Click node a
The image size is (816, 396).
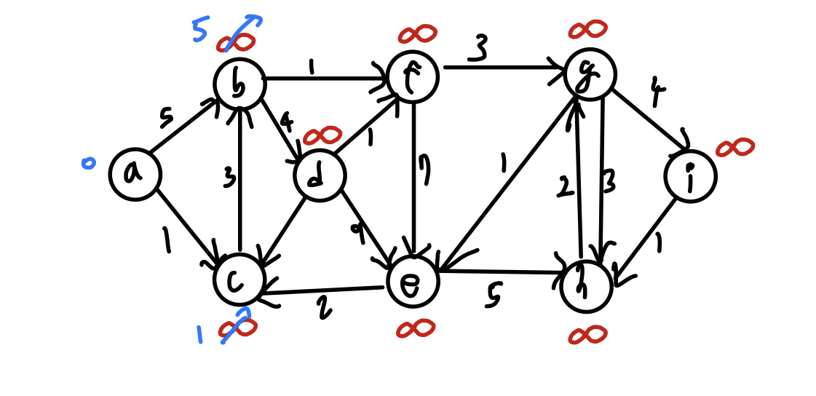coord(135,175)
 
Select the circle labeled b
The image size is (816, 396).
coord(239,84)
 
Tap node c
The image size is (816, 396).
coord(239,280)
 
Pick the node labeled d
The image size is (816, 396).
coord(320,175)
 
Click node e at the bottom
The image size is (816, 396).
coord(413,282)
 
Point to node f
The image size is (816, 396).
coord(413,76)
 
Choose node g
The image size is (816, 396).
coord(590,74)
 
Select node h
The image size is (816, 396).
coord(586,286)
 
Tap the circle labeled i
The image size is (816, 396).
coord(690,176)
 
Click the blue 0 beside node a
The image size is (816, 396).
coord(88,162)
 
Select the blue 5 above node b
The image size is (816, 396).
coord(200,30)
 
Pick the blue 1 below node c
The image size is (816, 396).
coord(199,334)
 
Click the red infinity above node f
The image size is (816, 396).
coord(417,33)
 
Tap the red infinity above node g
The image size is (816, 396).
coord(588,29)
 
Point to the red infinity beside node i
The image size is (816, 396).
coord(735,148)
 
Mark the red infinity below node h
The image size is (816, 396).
coord(588,335)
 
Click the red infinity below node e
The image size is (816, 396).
coord(416,329)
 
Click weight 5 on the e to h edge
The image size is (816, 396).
coord(494,296)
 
